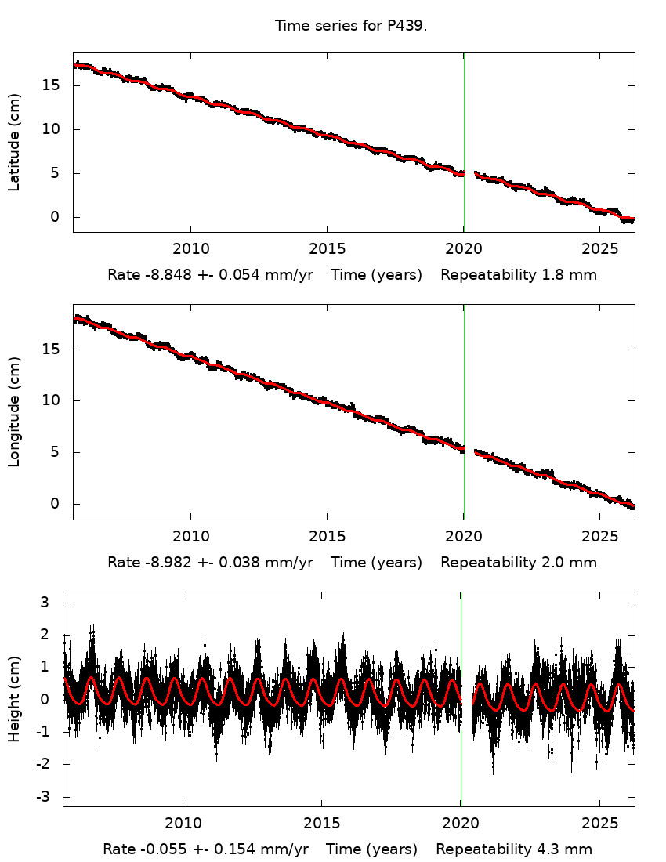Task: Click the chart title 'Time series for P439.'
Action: [350, 26]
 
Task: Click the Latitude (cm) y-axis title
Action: [14, 142]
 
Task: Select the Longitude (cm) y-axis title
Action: [14, 411]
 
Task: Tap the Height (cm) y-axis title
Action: [14, 699]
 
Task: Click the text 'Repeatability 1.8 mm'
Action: [519, 275]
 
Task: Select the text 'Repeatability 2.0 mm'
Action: [519, 563]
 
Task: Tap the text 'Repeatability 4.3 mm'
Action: [514, 849]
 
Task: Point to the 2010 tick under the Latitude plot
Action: [190, 249]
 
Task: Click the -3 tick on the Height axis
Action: [45, 796]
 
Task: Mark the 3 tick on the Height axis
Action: [46, 602]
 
